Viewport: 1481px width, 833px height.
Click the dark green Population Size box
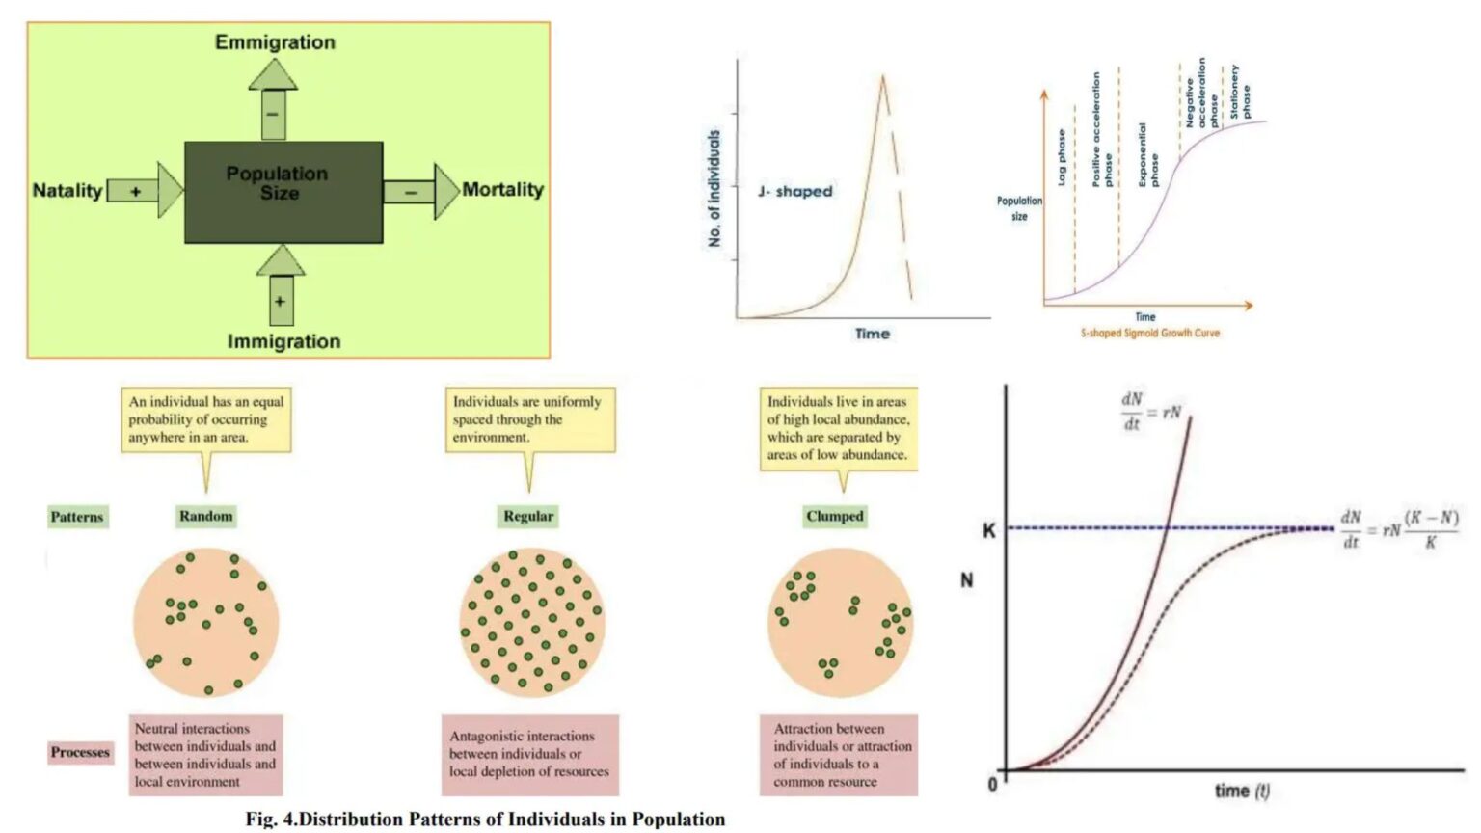(x=283, y=192)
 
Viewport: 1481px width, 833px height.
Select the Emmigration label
(x=275, y=42)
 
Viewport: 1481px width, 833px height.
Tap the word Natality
(x=67, y=190)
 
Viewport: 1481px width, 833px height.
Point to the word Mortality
(x=502, y=189)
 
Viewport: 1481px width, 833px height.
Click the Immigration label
(x=283, y=341)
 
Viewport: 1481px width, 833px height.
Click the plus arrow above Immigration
(x=281, y=287)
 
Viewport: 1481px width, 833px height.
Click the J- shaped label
(x=794, y=191)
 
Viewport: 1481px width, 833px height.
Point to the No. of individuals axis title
(x=714, y=189)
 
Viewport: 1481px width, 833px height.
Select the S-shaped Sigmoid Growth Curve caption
(x=1149, y=333)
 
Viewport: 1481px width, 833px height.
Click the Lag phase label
(x=1061, y=157)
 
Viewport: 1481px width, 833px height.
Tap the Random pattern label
(x=205, y=516)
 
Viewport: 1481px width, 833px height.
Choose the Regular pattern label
(x=528, y=516)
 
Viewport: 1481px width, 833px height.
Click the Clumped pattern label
(x=835, y=516)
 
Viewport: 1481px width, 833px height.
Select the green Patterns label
(x=77, y=517)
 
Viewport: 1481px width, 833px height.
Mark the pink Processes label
(x=80, y=752)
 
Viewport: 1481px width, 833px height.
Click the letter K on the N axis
(x=988, y=530)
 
